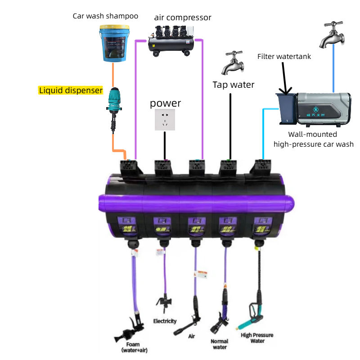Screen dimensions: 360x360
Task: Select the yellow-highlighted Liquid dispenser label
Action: (x=71, y=90)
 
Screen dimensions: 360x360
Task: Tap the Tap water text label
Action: (x=234, y=85)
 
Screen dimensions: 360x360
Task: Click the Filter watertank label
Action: (x=284, y=57)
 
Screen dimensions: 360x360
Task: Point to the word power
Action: (x=165, y=103)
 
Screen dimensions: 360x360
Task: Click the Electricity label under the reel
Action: (x=165, y=321)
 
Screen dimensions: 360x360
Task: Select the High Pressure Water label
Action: (x=257, y=338)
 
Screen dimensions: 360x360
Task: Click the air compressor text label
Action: (x=183, y=18)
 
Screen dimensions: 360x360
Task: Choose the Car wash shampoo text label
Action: (x=105, y=16)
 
